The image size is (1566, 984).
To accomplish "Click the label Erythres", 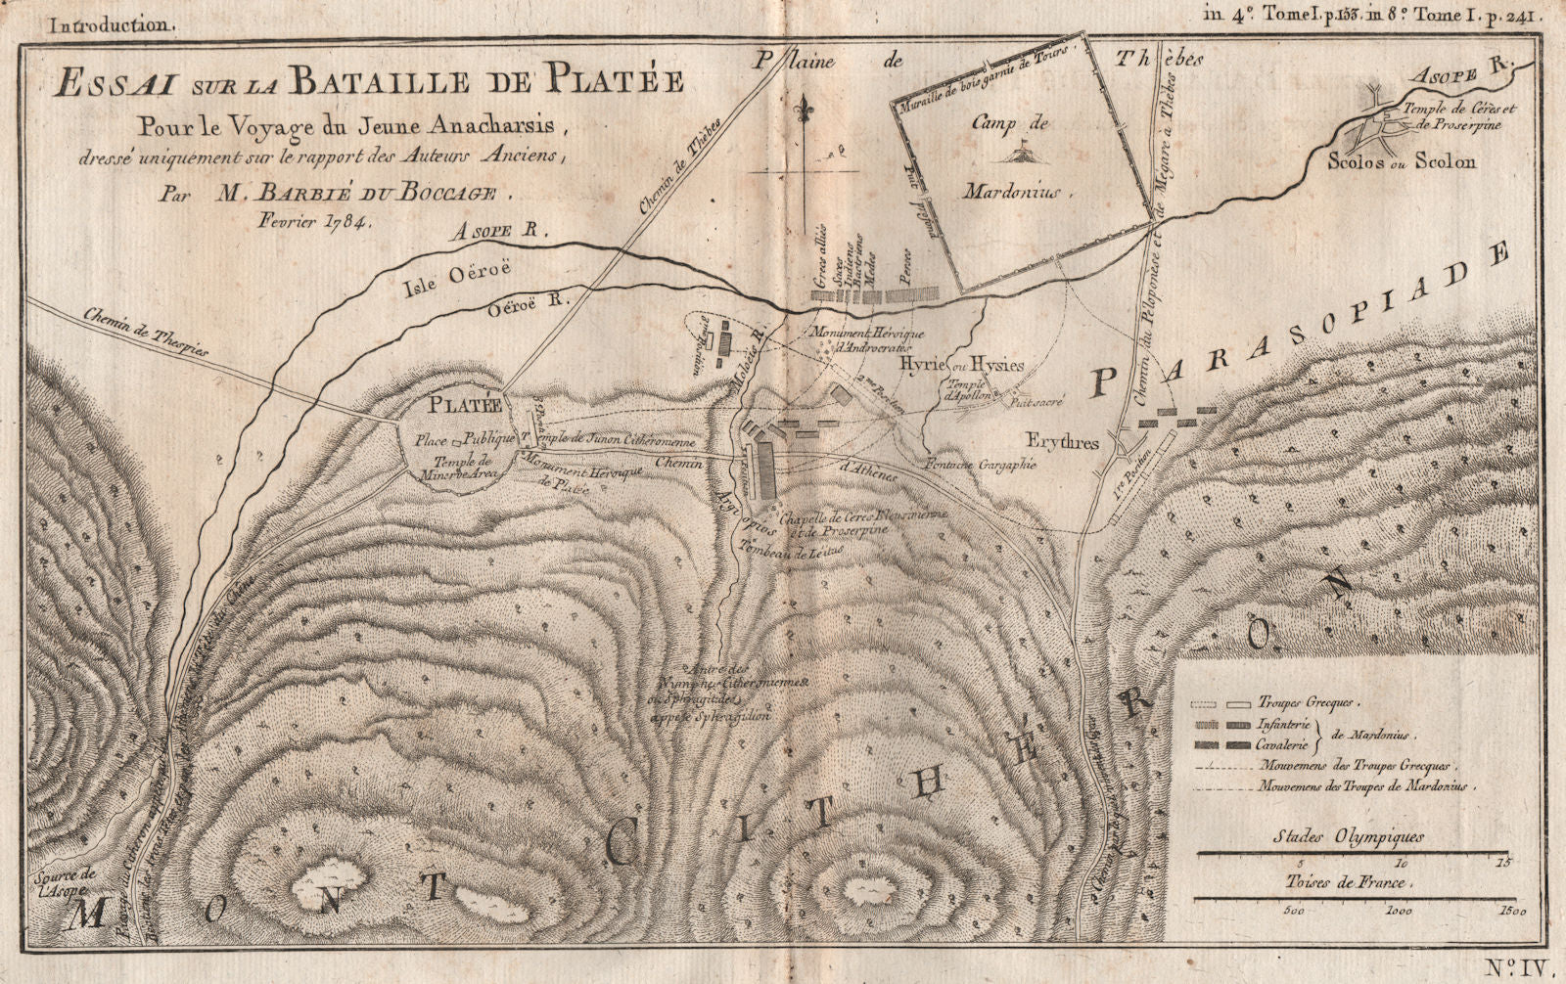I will [x=1063, y=442].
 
